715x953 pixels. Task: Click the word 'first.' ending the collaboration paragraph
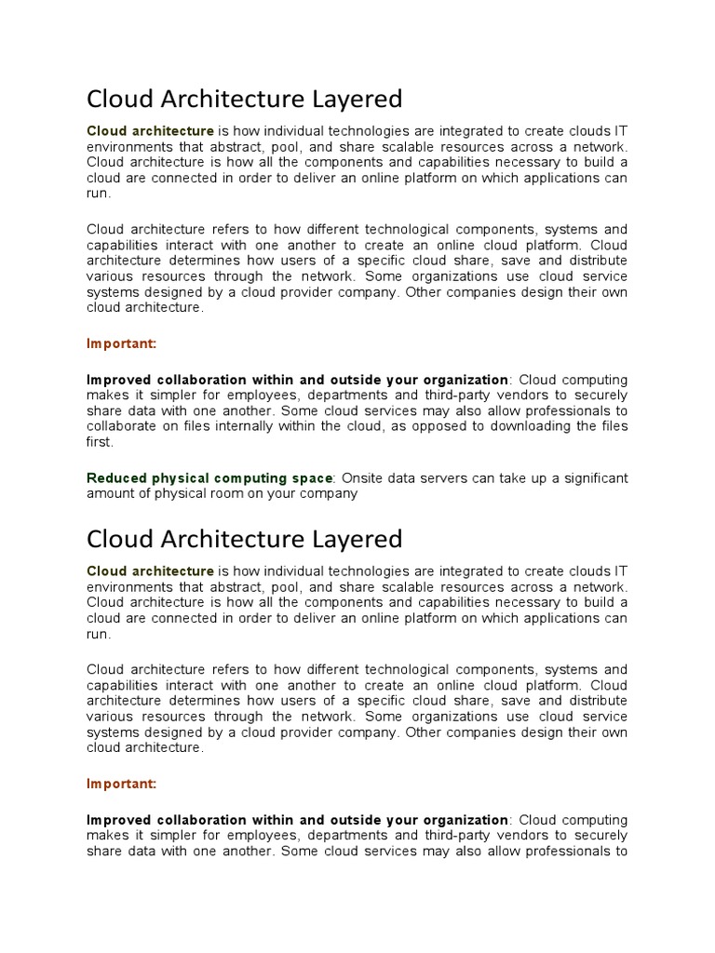[100, 443]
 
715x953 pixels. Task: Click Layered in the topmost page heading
[348, 99]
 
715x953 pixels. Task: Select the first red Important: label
[122, 344]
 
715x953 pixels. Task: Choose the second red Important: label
[122, 785]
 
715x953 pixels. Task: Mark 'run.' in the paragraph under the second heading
[99, 635]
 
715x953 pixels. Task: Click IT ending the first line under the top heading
[620, 131]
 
